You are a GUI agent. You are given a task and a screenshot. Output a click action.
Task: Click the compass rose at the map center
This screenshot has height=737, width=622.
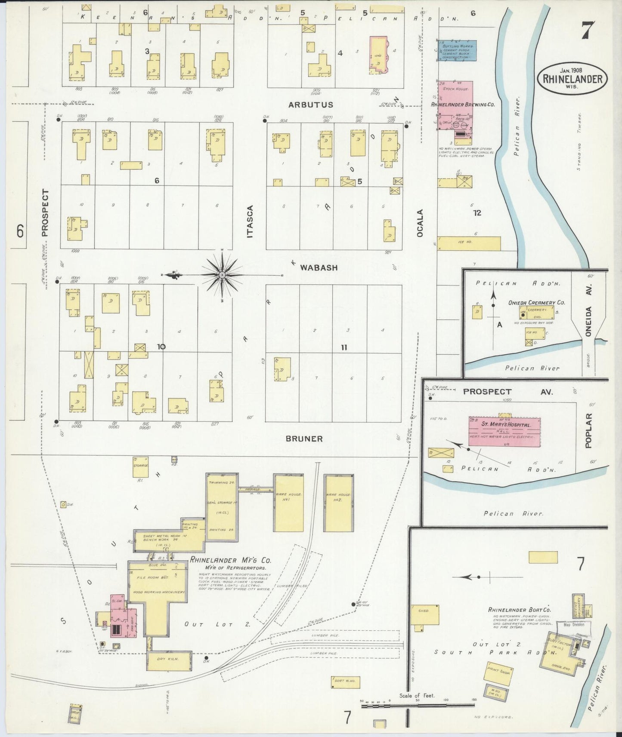(222, 275)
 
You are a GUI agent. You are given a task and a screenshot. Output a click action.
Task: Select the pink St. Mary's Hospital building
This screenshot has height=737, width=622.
(504, 431)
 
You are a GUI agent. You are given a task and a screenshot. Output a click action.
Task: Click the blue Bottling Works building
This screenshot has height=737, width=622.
(457, 51)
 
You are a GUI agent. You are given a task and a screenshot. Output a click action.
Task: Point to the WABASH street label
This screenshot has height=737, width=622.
(319, 267)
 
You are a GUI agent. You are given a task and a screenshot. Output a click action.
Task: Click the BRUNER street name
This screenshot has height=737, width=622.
(304, 439)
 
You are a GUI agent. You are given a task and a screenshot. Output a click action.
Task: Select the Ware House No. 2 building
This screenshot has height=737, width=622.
(338, 503)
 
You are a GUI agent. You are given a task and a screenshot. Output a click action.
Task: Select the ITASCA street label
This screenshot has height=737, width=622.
(250, 221)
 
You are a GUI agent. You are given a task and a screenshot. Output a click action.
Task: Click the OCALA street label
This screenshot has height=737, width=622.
(420, 222)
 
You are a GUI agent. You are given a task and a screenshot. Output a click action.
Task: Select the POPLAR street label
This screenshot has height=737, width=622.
(589, 431)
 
